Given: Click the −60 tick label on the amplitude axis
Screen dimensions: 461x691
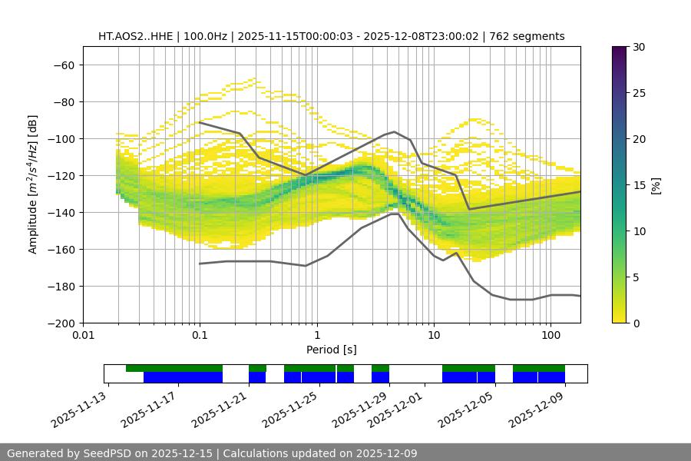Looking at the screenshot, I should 63,65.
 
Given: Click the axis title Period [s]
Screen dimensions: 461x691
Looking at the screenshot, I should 331,350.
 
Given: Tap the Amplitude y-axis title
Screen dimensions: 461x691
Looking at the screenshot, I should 33,184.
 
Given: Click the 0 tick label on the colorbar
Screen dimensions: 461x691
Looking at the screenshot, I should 636,323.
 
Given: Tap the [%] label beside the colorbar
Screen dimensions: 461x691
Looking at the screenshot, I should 656,185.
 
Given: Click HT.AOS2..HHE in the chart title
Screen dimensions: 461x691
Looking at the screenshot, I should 134,36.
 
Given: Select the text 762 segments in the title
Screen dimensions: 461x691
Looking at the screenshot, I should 530,36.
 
